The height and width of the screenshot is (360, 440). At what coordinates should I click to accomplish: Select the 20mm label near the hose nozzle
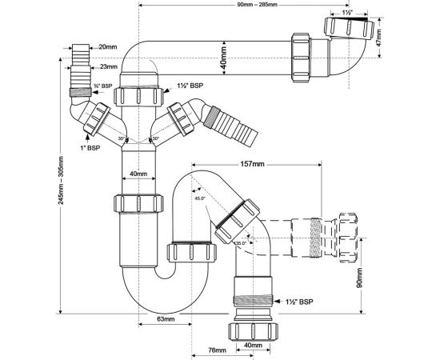[x=109, y=48]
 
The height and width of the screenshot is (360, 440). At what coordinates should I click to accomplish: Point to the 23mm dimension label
[x=109, y=67]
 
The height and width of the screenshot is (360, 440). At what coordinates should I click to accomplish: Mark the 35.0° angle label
[x=241, y=242]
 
